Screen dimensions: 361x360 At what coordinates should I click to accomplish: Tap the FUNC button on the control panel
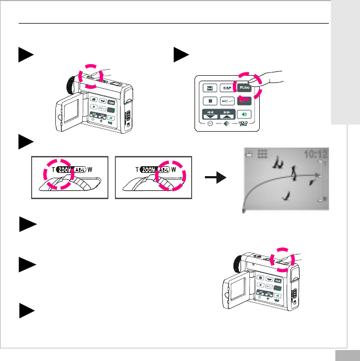[x=244, y=87]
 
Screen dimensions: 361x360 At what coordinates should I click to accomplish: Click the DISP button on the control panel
[x=226, y=87]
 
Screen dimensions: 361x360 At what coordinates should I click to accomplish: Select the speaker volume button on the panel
[x=244, y=115]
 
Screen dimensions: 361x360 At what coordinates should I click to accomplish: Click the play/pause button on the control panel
[x=226, y=101]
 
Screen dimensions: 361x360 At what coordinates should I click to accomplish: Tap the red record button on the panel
[x=244, y=101]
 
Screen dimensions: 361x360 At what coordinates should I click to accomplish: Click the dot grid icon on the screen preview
[x=262, y=155]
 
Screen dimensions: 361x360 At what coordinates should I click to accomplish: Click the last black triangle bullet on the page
[x=26, y=310]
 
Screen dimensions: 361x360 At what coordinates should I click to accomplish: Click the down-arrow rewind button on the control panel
[x=209, y=116]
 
